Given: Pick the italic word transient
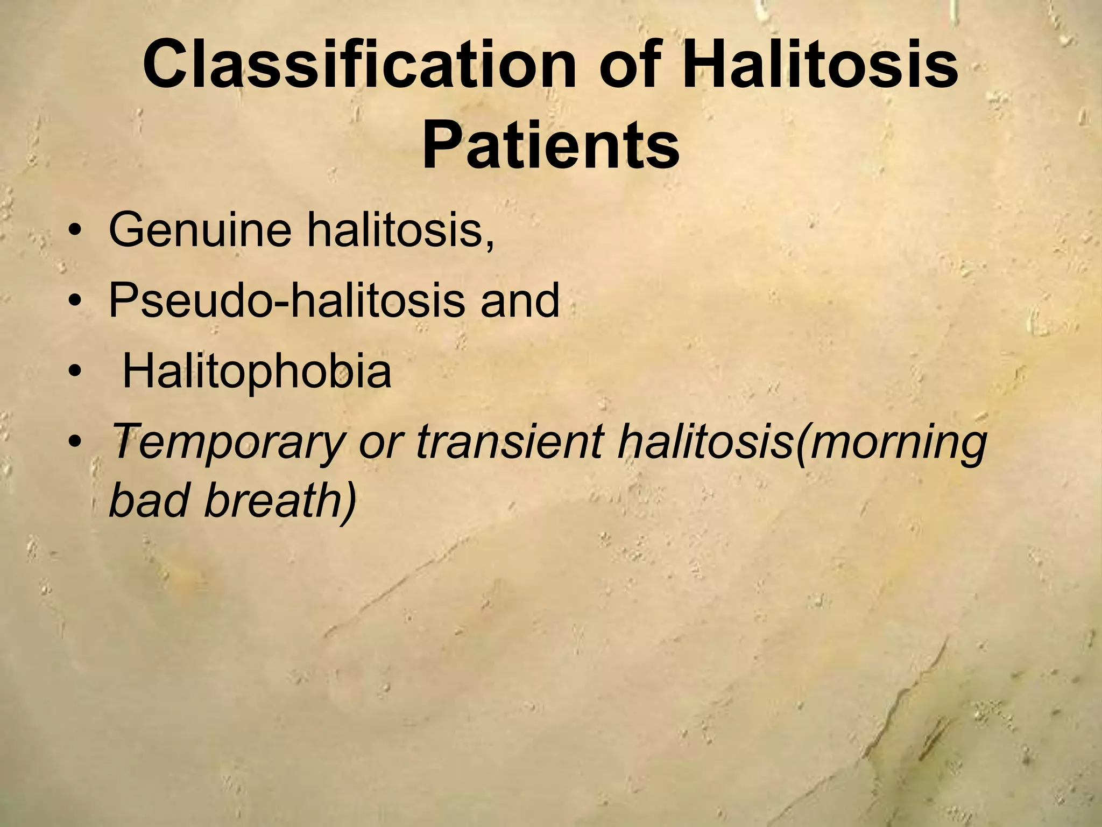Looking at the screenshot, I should [508, 443].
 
